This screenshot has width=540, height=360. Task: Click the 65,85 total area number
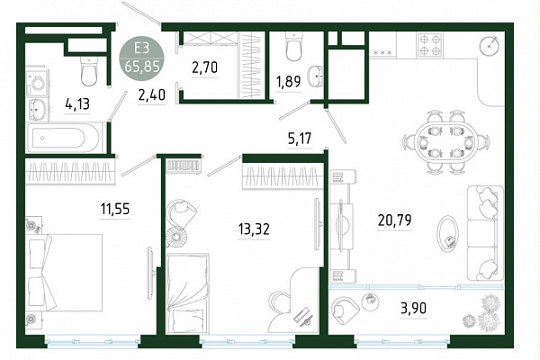point(142,66)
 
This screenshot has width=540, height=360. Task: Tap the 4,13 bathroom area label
point(77,103)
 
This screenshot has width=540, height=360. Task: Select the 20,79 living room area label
point(395,220)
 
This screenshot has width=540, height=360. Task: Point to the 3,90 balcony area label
point(414,308)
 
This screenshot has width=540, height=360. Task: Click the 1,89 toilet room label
point(288,82)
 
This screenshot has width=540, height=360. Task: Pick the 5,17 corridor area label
point(300,139)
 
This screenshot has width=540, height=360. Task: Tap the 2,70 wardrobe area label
point(204,67)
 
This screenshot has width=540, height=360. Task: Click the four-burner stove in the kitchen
point(430,45)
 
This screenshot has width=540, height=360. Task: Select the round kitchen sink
point(490,45)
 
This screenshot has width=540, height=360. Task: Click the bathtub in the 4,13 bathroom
point(66,138)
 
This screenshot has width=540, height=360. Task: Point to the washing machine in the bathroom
point(37,82)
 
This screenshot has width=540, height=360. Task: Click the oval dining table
point(446,141)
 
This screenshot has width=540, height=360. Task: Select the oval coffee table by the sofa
point(447,235)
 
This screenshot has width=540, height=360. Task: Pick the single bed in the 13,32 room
point(187,293)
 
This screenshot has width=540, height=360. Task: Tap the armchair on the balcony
point(345,310)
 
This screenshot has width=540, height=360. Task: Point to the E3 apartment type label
point(141,49)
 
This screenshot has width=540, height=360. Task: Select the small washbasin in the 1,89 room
point(316,76)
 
